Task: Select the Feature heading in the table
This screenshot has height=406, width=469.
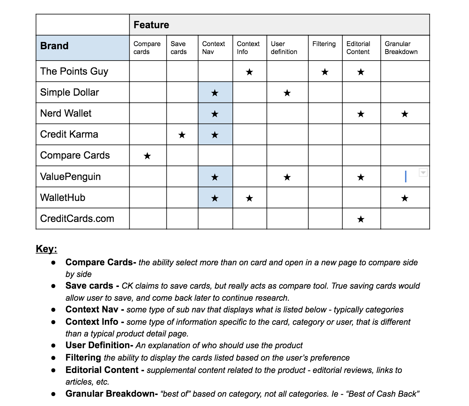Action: [151, 25]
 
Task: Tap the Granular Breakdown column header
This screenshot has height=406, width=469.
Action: [401, 48]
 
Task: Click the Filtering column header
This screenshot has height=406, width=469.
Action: [324, 44]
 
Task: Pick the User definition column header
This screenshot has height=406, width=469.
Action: [284, 48]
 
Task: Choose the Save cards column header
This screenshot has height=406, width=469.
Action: [178, 48]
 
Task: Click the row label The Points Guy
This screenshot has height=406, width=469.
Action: [74, 71]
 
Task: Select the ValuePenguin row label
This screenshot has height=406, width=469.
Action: [70, 177]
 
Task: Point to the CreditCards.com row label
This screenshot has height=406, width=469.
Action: [77, 218]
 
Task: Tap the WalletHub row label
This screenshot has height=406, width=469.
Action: [63, 197]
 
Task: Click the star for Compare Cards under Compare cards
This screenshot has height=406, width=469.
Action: [147, 156]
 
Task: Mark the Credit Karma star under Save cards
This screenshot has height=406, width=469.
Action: [182, 135]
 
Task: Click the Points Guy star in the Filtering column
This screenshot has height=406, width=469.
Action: [325, 72]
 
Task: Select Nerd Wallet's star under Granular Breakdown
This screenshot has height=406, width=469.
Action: [404, 114]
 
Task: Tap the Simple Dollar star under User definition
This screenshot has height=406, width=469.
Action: [287, 93]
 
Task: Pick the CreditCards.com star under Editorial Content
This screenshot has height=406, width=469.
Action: [361, 219]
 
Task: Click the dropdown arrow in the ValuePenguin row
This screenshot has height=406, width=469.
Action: [423, 172]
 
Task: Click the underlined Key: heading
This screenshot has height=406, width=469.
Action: [46, 249]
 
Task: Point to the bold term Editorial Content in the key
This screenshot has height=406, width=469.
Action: [102, 370]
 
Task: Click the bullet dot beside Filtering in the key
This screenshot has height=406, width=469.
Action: [53, 358]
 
